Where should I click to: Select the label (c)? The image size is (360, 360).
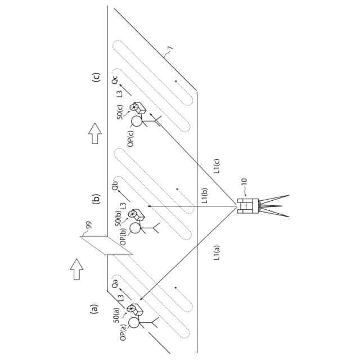pyautogui.click(x=96, y=78)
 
